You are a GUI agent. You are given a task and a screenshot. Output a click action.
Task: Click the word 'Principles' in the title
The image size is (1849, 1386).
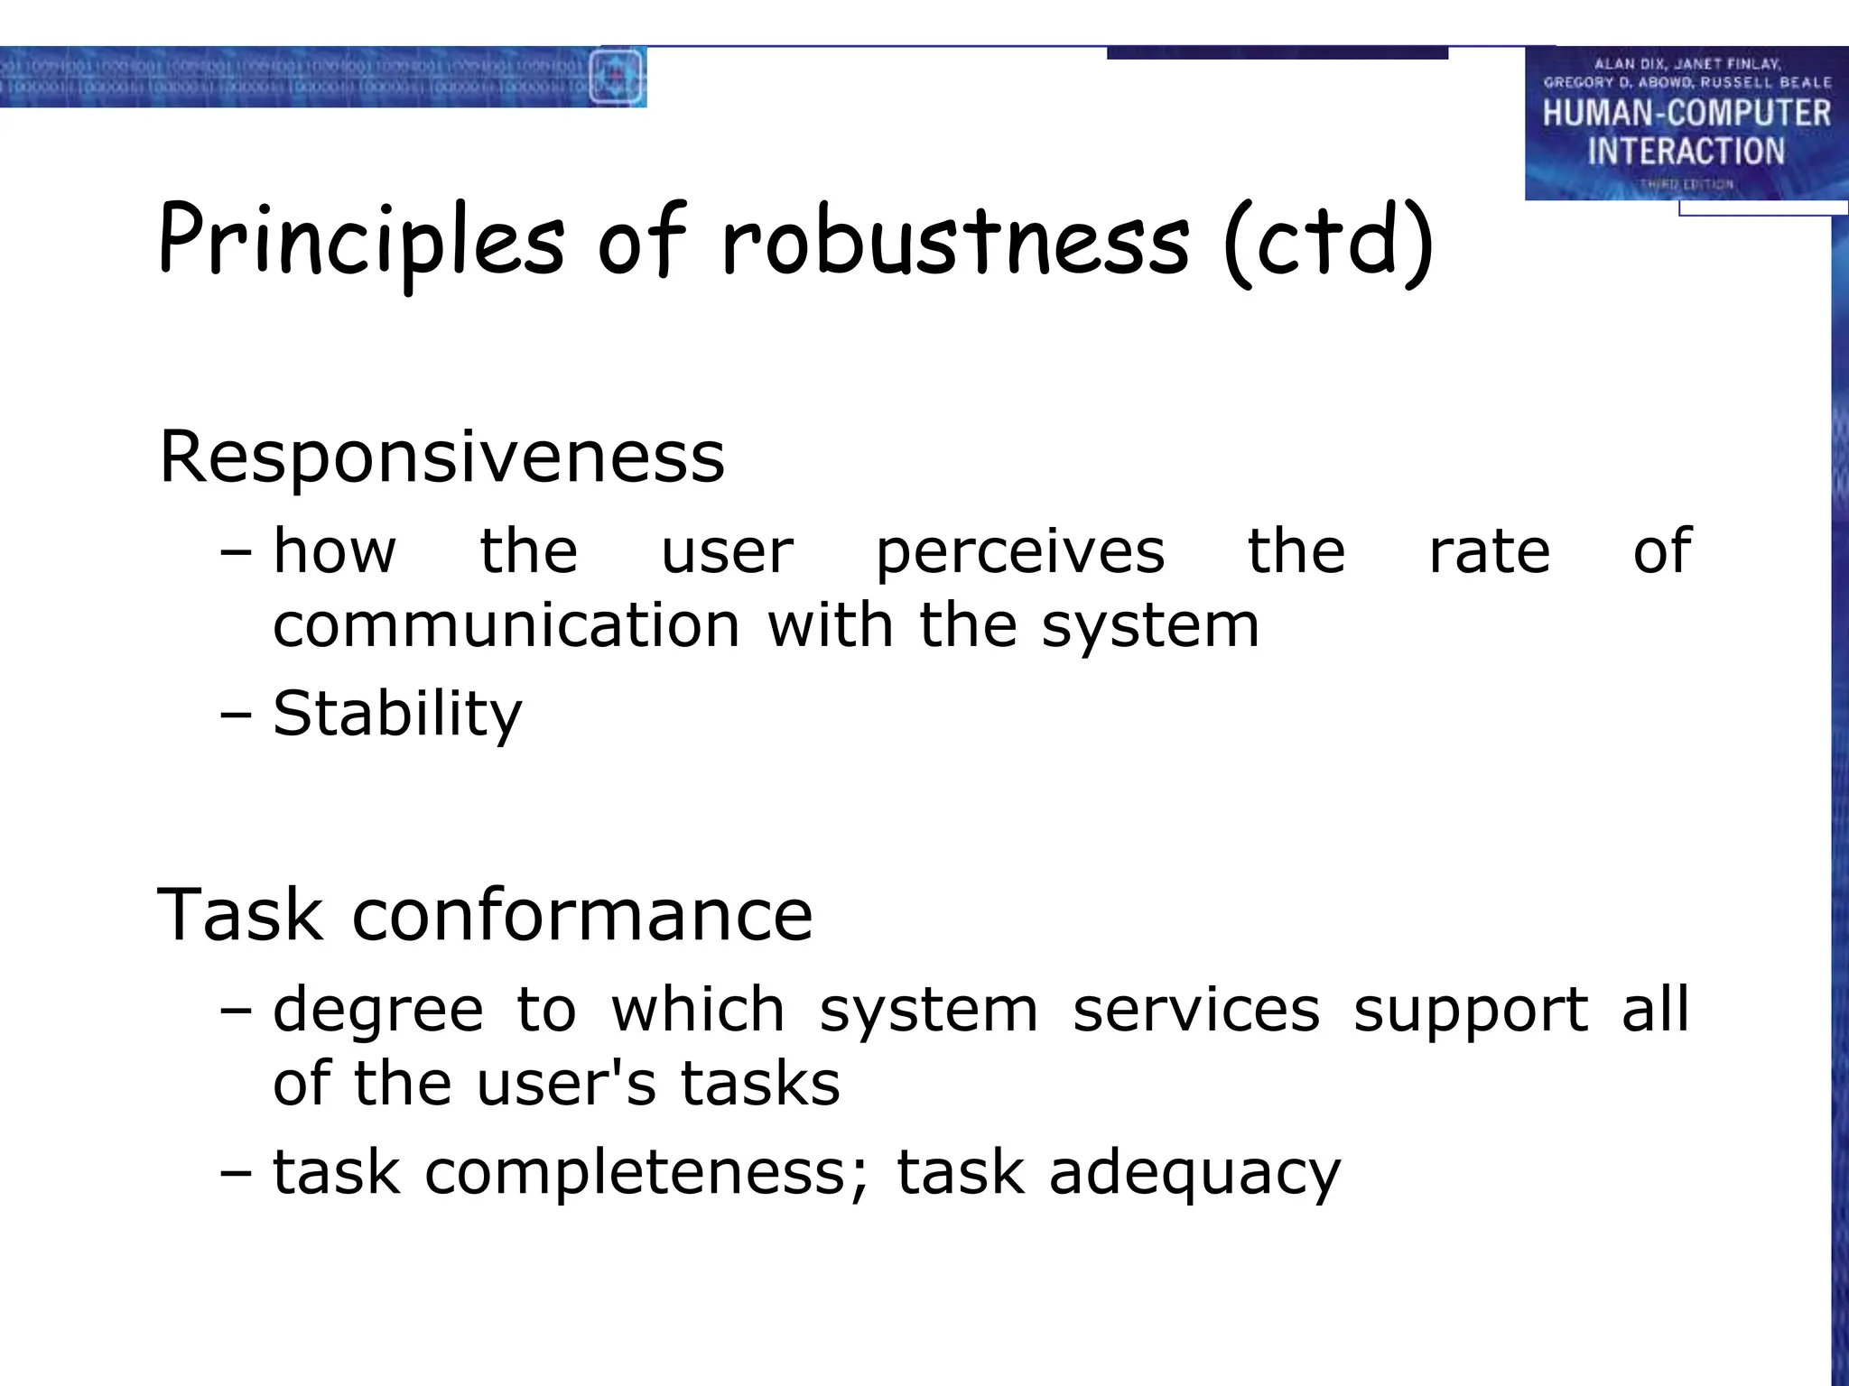tap(361, 241)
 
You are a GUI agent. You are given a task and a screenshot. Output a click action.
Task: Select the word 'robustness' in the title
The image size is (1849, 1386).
tap(955, 241)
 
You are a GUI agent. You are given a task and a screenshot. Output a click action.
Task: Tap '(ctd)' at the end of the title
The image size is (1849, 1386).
tap(1327, 241)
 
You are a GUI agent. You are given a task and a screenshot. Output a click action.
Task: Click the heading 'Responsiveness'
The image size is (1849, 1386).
tap(441, 457)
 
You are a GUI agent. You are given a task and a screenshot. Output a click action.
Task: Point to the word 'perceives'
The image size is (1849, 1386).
tap(1020, 551)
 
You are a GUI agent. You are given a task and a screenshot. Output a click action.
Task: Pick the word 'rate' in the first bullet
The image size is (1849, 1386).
tap(1489, 551)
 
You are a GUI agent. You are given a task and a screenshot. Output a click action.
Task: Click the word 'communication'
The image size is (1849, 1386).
tap(506, 625)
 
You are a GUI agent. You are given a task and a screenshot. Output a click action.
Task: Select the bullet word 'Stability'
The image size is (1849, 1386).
tap(397, 714)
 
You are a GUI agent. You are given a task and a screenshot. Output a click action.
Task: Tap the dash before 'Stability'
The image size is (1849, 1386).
tap(236, 716)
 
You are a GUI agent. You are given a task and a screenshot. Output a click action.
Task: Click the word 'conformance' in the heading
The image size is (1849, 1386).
tap(582, 915)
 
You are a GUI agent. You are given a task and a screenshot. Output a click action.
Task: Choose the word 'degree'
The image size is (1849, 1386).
tap(378, 1010)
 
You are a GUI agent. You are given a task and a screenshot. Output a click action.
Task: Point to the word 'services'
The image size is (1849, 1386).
tap(1196, 1010)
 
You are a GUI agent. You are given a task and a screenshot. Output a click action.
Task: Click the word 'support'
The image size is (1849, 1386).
tap(1471, 1010)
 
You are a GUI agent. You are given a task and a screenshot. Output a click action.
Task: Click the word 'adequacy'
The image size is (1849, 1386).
tap(1194, 1174)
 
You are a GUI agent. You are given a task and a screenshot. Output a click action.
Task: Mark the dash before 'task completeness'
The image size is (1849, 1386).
tap(236, 1174)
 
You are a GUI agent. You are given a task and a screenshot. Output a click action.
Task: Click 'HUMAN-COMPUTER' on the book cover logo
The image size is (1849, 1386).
tap(1686, 114)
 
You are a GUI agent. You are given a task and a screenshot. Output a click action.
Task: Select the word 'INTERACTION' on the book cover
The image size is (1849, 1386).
tap(1686, 151)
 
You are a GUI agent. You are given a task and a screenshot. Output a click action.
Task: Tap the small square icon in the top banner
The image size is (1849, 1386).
tap(617, 77)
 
